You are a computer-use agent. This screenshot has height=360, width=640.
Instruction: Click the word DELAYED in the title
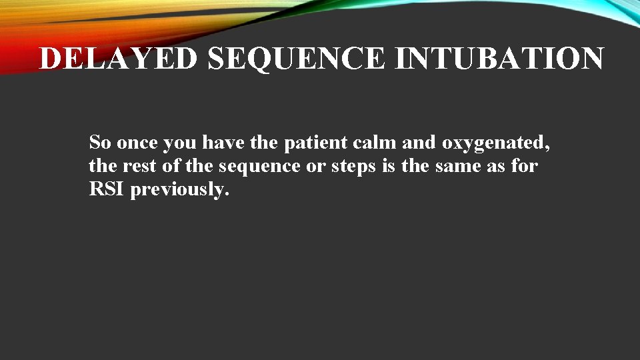[x=119, y=59]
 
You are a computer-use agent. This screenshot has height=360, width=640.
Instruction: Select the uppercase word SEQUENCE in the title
[x=297, y=59]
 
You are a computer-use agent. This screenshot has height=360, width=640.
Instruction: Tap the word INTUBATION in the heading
[x=499, y=59]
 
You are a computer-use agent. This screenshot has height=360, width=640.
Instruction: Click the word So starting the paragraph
[x=101, y=142]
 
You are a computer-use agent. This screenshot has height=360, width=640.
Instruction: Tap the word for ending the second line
[x=524, y=166]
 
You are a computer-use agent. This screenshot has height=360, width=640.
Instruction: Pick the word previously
[x=180, y=191]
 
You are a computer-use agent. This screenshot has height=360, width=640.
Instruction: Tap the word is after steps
[x=389, y=166]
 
